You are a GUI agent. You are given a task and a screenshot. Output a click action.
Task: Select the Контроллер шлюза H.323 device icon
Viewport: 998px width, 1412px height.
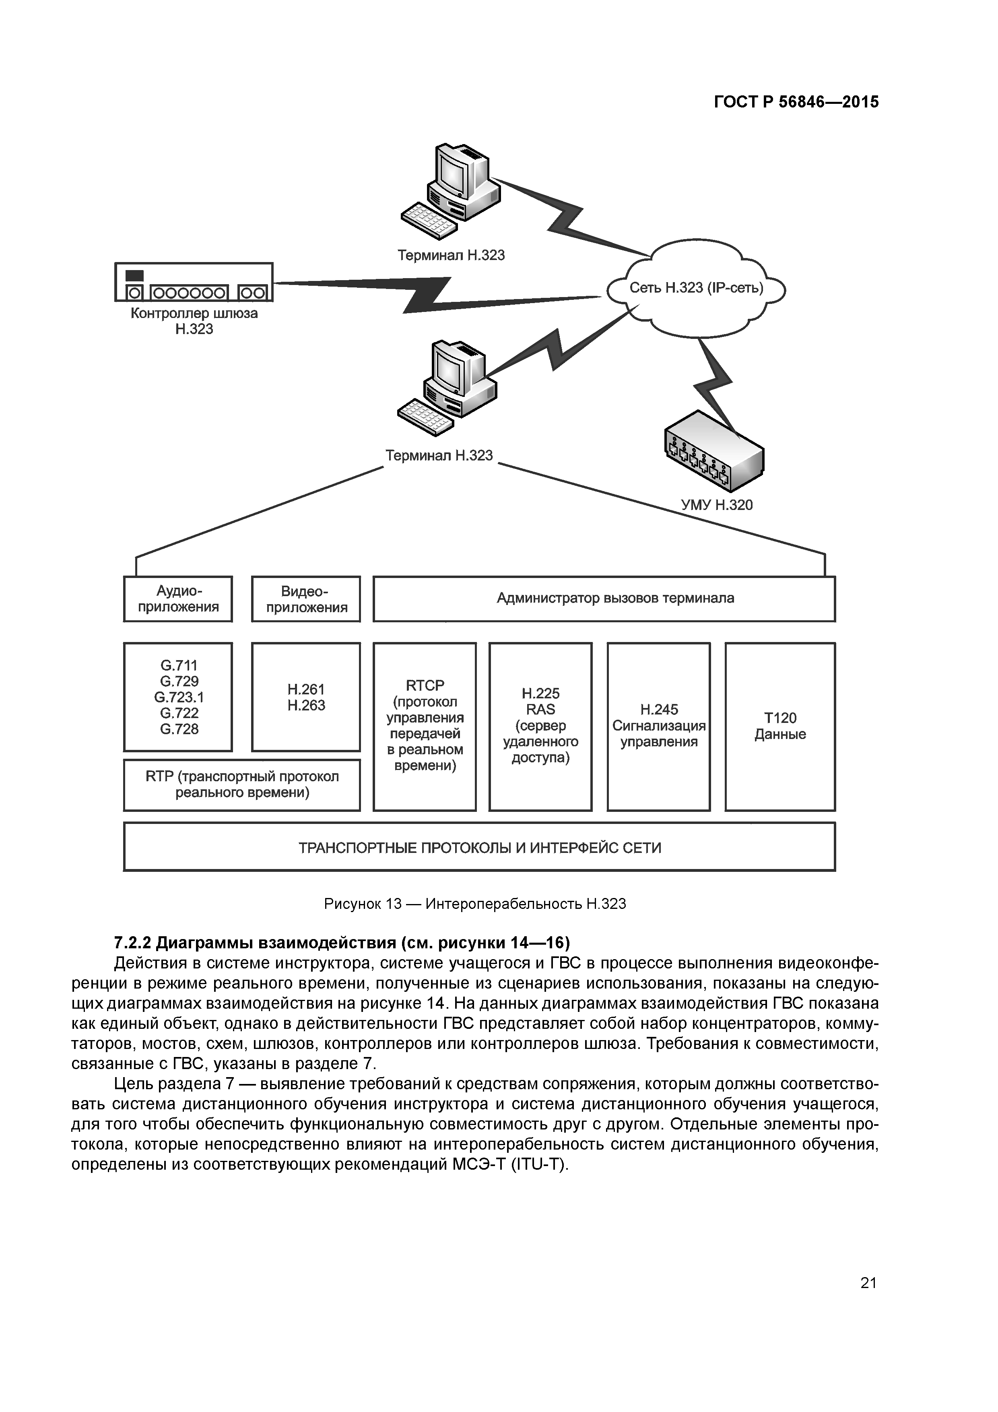point(194,282)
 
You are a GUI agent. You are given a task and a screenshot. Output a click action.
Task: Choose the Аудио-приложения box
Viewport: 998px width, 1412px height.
point(178,599)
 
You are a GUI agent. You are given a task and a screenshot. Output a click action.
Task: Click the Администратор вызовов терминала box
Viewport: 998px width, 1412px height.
point(604,599)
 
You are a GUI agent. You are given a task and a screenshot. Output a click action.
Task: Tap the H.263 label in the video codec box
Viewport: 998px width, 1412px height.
point(306,705)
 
